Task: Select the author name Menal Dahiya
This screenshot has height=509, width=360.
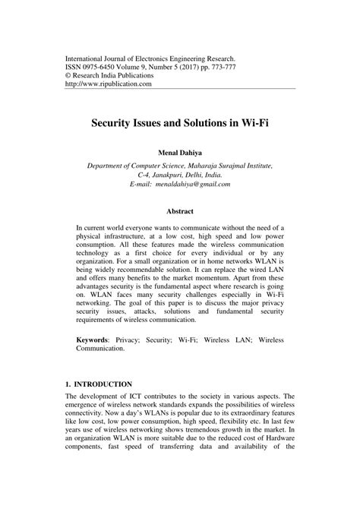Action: tap(180, 150)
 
